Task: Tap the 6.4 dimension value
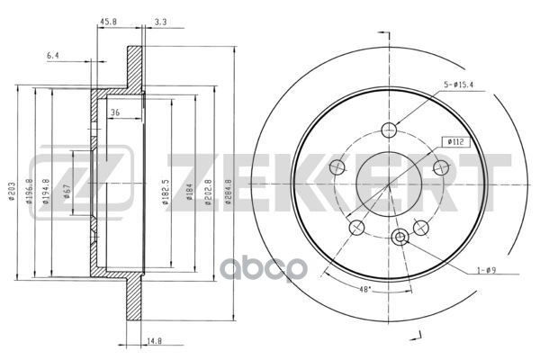coord(53,56)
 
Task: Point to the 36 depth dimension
coord(115,112)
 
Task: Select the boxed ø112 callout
coord(454,141)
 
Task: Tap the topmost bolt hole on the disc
coord(389,129)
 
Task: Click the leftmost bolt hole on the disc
coord(338,166)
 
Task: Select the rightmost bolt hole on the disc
coord(441,166)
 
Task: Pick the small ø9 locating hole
coord(401,237)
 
